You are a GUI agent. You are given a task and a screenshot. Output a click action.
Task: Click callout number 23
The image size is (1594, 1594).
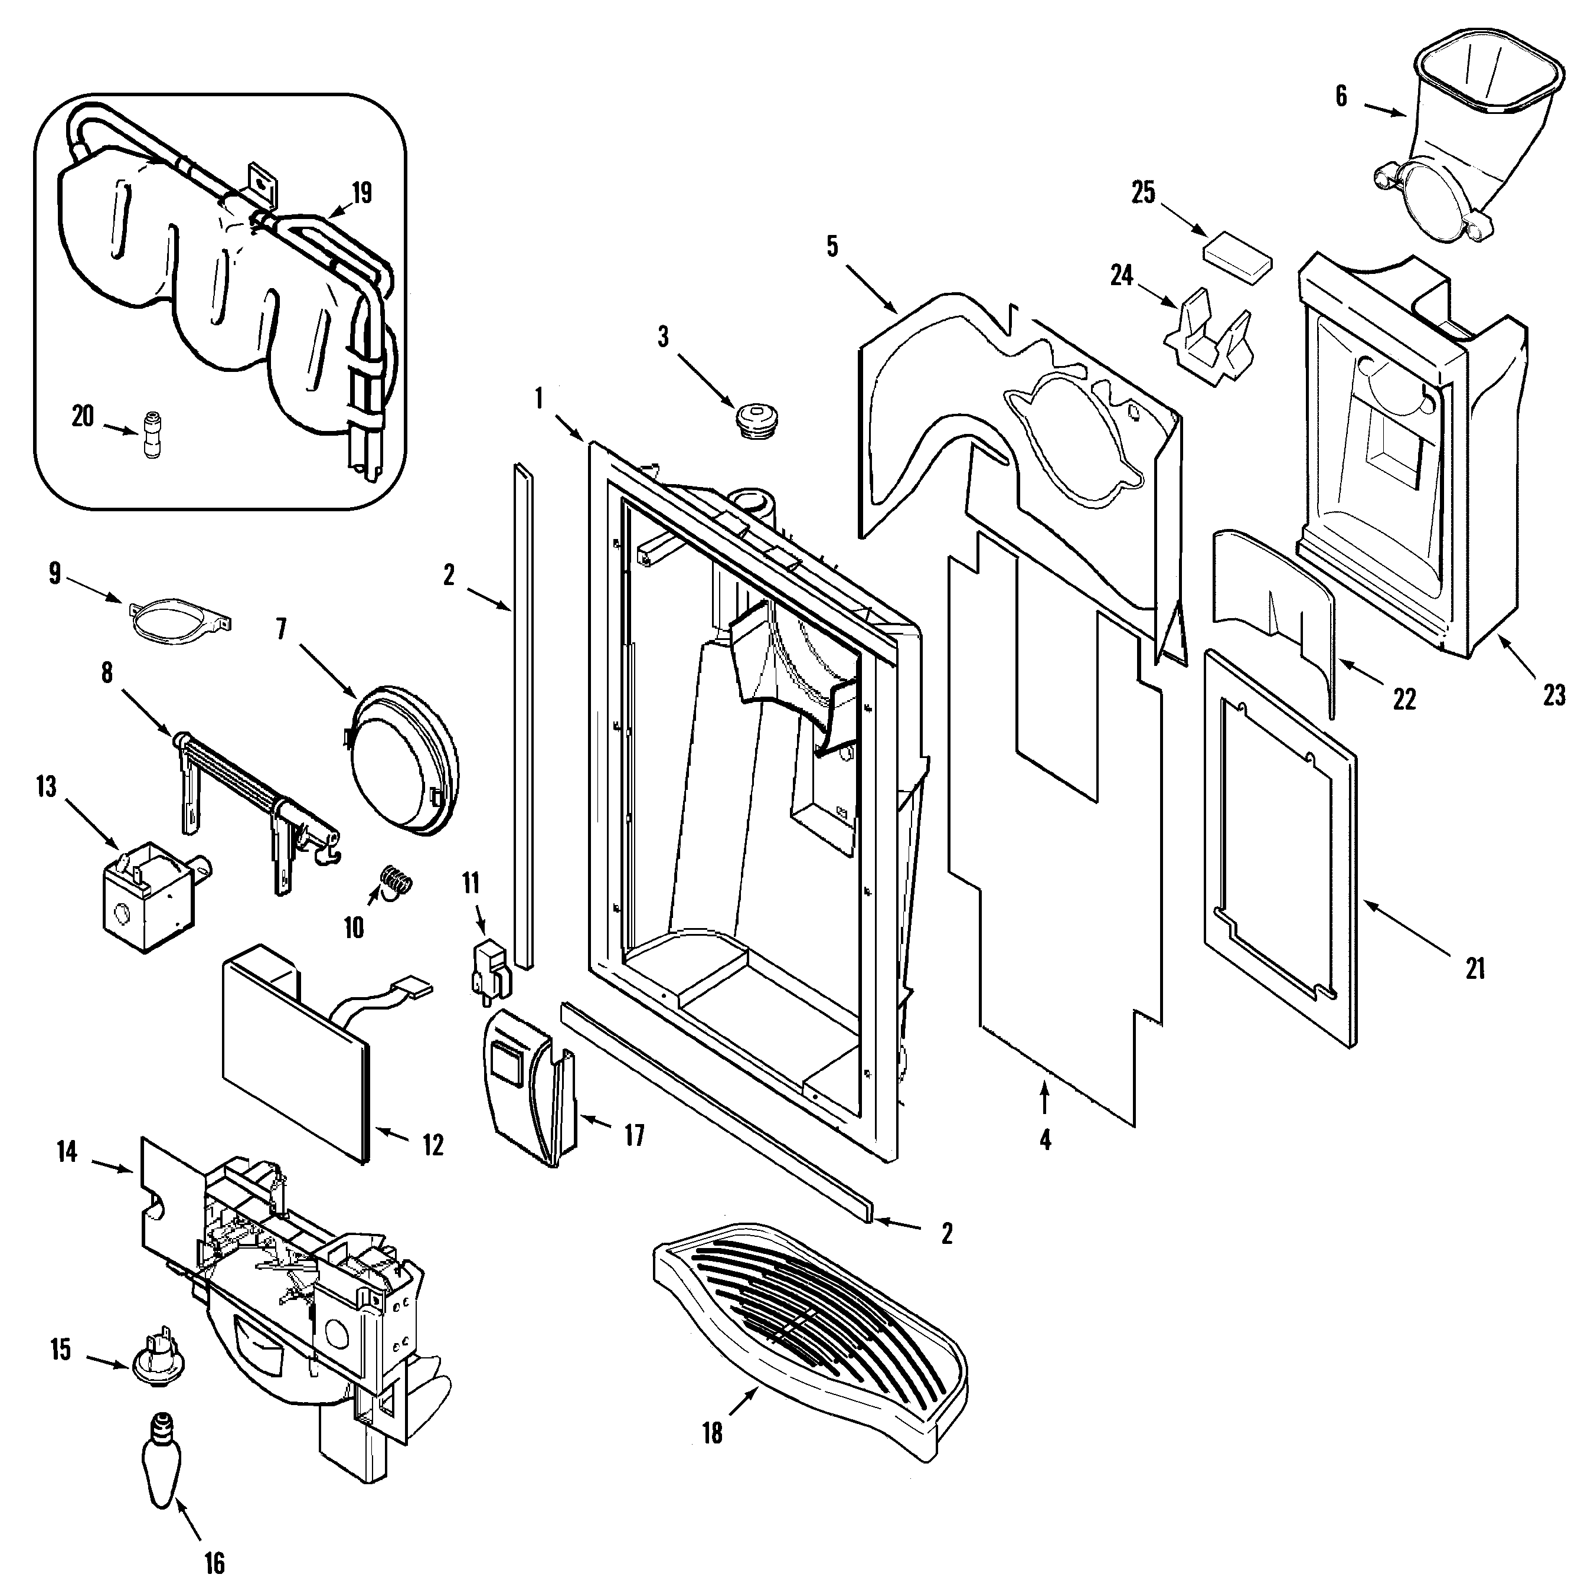(x=1554, y=695)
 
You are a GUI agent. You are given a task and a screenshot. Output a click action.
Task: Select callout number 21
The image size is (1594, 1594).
(x=1475, y=967)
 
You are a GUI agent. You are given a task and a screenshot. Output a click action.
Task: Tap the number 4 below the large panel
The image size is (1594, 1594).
(x=1046, y=1141)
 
